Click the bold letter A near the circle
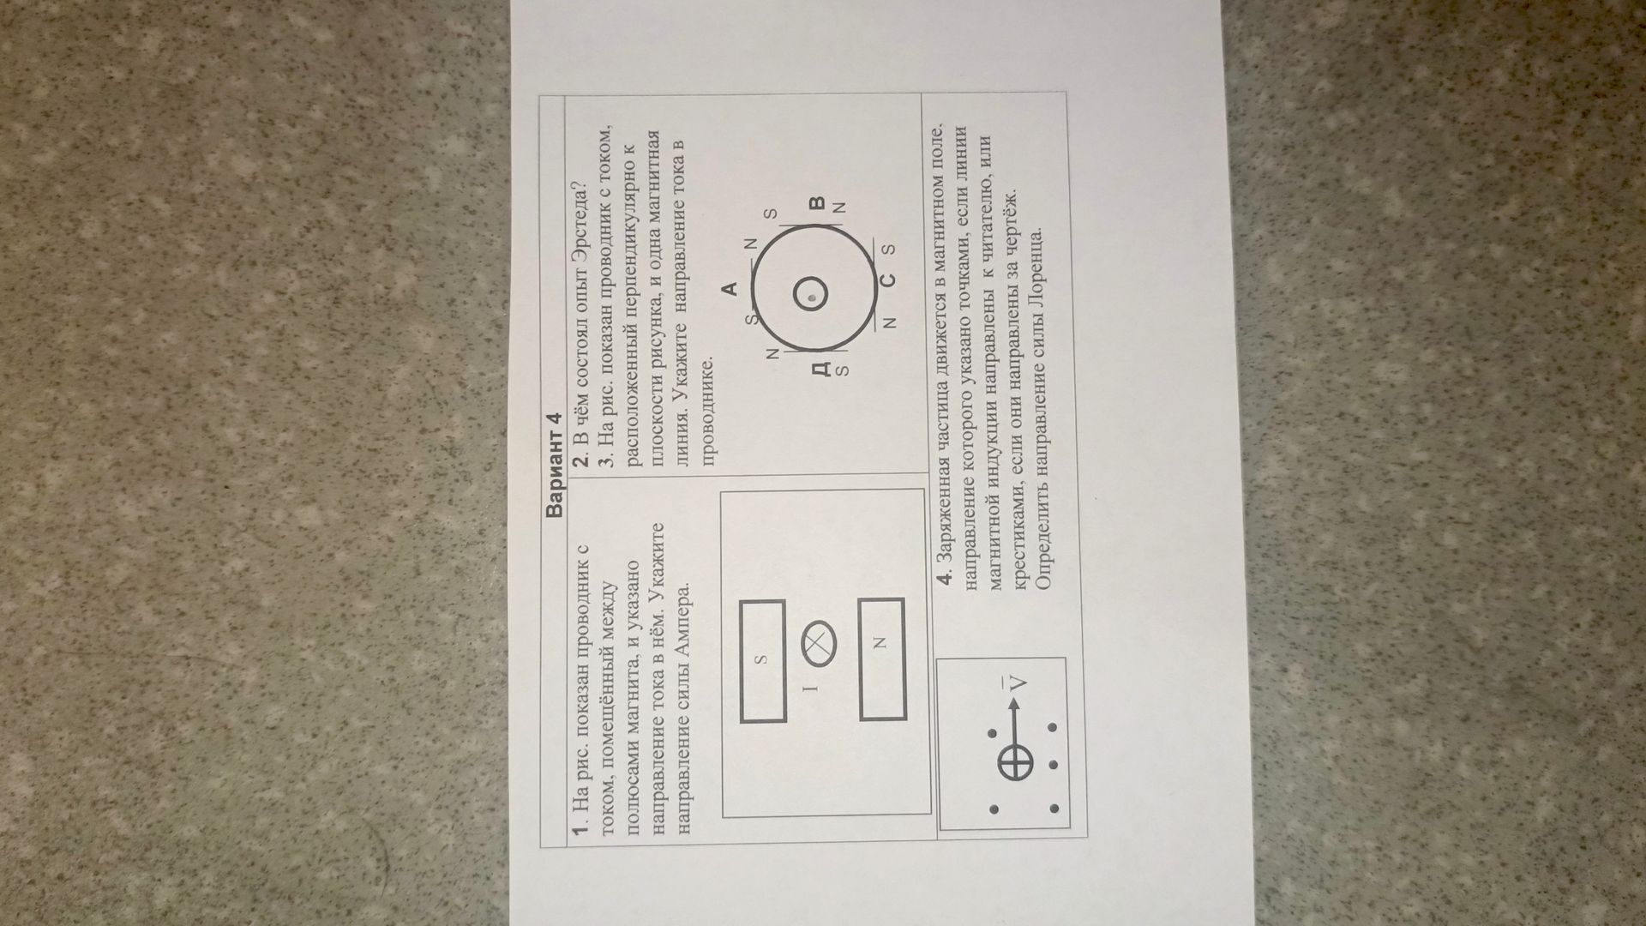tap(731, 289)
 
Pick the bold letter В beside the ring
tap(817, 204)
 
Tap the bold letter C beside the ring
tap(888, 280)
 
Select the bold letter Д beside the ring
tap(820, 369)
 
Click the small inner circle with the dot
tap(810, 297)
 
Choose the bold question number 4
tap(946, 577)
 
